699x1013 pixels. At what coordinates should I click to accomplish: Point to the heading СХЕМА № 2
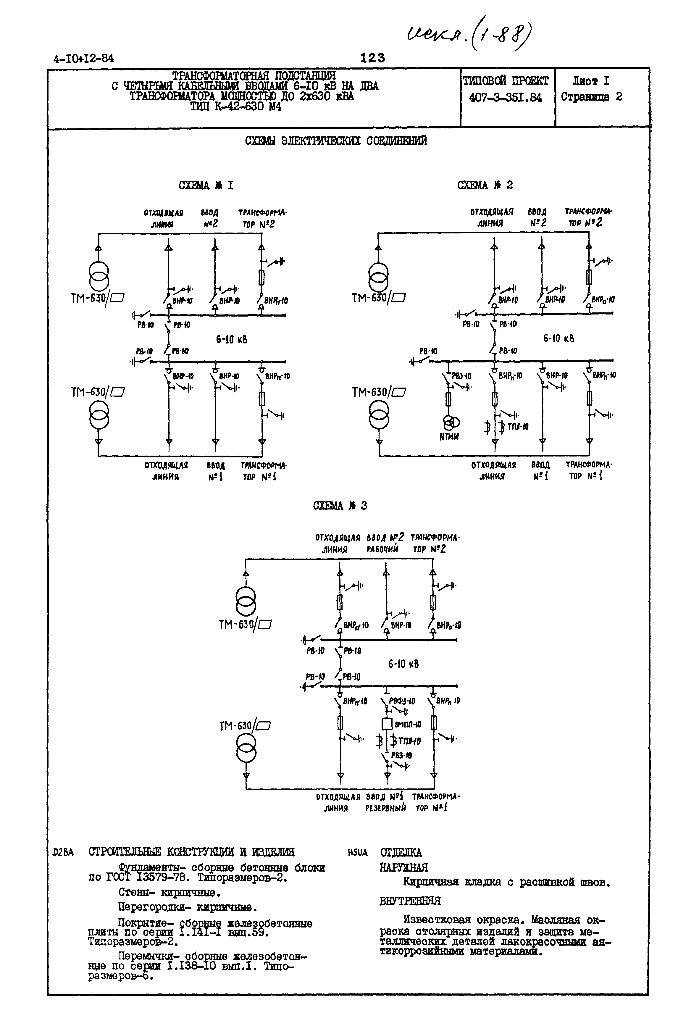485,185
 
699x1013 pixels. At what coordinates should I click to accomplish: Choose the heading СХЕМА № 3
340,506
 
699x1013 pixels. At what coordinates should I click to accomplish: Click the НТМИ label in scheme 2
449,437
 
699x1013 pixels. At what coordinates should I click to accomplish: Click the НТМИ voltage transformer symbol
451,422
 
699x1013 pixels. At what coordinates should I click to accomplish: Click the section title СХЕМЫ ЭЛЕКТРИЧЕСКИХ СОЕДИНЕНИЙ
336,141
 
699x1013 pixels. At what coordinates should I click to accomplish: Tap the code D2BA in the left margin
63,852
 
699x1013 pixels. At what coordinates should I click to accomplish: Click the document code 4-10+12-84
83,58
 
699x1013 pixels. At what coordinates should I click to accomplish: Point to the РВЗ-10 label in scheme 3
402,756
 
